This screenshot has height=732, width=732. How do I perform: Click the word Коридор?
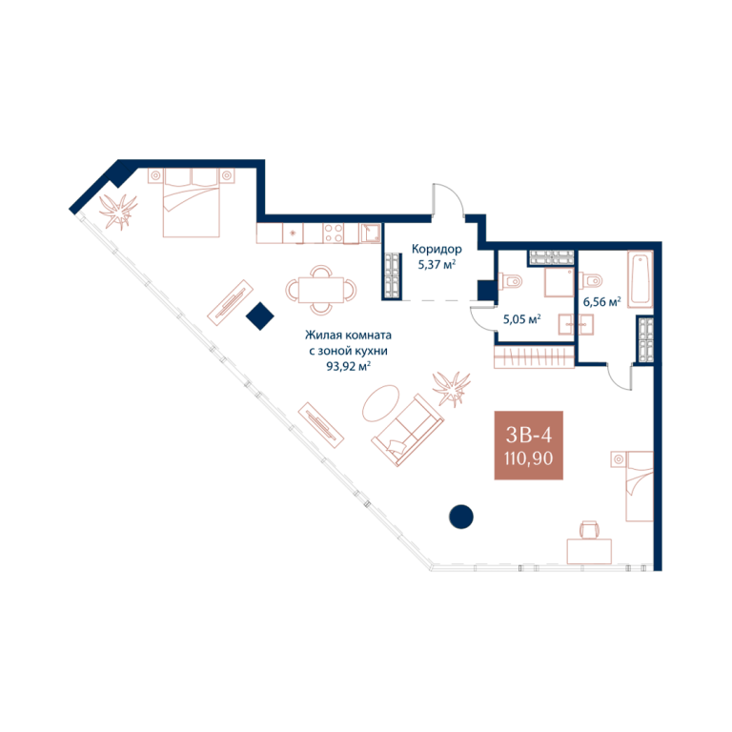coord(437,250)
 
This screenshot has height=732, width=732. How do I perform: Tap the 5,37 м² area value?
coord(437,265)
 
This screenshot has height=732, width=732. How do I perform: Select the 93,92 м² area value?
coord(348,366)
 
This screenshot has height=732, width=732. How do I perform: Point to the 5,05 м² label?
coord(522,319)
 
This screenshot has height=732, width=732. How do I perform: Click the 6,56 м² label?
coord(601,301)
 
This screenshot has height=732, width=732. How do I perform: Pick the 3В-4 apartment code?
coord(528,435)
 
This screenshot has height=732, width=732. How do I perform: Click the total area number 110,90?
coord(528,458)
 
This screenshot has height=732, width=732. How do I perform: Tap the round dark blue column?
coord(461,517)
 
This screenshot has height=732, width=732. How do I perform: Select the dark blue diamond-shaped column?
coord(259,316)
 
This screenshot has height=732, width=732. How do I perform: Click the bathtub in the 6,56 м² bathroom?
coord(640,279)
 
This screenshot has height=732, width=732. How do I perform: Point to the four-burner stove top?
coord(334,233)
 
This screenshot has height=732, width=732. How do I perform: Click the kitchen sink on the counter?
coord(370,233)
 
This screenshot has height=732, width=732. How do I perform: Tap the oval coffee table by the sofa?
coord(381,402)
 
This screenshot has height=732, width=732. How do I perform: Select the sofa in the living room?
coord(408,430)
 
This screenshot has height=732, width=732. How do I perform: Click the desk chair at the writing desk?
coord(589,530)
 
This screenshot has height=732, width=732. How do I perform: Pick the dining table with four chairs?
coord(321,290)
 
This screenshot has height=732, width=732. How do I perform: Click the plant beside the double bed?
coord(118,211)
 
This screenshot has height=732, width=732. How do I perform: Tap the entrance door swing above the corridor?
coord(448,200)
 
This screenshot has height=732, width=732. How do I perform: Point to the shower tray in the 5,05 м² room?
coord(559,282)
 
